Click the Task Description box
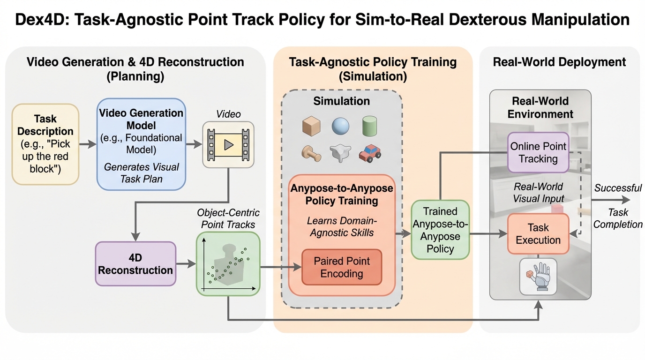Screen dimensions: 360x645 click(45, 144)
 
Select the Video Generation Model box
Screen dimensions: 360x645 click(141, 144)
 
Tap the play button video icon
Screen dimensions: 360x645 click(228, 144)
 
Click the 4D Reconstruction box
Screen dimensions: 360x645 click(135, 264)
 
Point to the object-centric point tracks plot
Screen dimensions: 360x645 click(228, 264)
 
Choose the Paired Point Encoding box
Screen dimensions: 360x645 click(342, 267)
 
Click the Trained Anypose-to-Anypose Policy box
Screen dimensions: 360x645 click(440, 230)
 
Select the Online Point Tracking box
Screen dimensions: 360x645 click(538, 152)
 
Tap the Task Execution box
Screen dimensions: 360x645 click(538, 234)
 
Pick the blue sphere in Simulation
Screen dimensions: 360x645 click(341, 126)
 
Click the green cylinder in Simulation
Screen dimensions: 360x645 click(370, 126)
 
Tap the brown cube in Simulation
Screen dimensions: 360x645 click(311, 126)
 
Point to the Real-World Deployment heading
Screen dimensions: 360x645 click(559, 62)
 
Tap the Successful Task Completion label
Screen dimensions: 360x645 click(618, 206)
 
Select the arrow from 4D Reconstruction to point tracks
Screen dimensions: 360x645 click(186, 264)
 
